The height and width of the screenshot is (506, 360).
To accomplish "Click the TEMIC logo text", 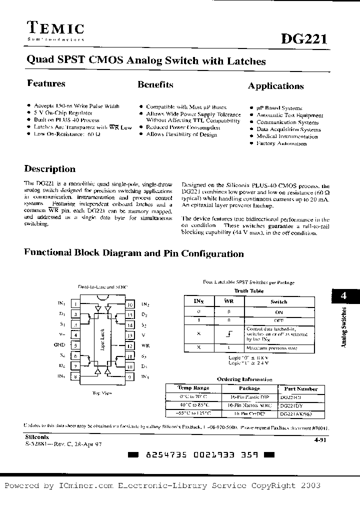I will [x=55, y=28].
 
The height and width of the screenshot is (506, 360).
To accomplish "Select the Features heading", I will [x=46, y=83].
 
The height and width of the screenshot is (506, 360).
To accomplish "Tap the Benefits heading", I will [x=155, y=84].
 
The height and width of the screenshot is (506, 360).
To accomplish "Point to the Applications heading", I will [x=275, y=86].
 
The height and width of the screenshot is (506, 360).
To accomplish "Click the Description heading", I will [x=50, y=169].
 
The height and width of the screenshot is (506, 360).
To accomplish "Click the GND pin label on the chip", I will [x=59, y=344].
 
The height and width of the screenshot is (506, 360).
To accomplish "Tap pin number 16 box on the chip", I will [x=129, y=304].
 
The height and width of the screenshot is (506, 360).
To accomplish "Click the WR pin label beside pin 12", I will [x=145, y=345].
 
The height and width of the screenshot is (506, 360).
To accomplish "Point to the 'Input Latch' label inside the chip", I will [x=102, y=341].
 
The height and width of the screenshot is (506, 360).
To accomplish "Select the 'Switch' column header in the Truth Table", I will [x=278, y=301].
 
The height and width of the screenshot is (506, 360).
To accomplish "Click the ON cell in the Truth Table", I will [x=278, y=311].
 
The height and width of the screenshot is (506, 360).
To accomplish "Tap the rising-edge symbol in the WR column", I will [x=228, y=333].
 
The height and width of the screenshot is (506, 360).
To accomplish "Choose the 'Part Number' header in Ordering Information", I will [x=300, y=388].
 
